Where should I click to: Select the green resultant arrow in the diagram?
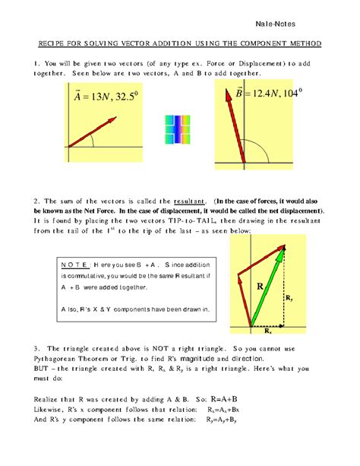coord(270,288)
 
